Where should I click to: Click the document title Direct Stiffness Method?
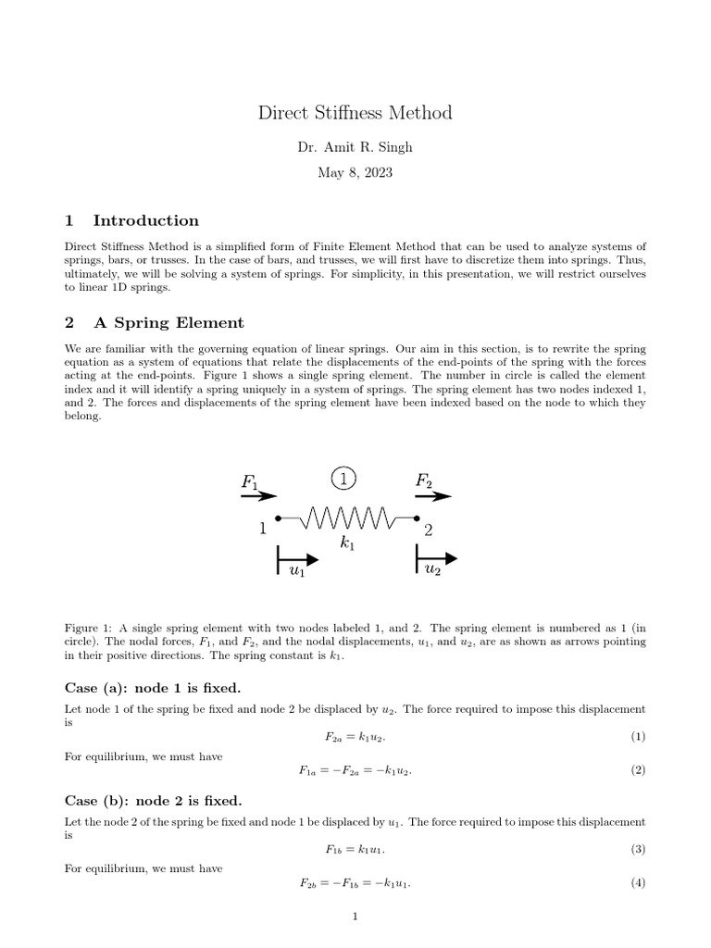[x=355, y=113]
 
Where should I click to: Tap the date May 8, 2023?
[x=355, y=173]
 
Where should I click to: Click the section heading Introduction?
[x=145, y=220]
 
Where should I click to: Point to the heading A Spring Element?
[x=168, y=323]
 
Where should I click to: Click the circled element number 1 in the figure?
[x=343, y=479]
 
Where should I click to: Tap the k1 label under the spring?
[x=347, y=545]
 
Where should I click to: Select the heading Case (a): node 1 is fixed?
[x=153, y=688]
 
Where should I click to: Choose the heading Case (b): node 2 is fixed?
[x=153, y=800]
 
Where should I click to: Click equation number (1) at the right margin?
[x=638, y=736]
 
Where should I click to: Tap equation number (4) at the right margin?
[x=638, y=883]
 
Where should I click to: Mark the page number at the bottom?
[x=355, y=917]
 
